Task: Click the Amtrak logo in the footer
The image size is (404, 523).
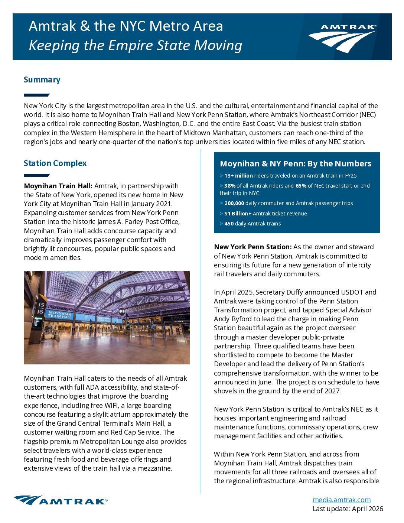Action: (61, 500)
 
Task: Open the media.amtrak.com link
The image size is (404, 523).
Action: (341, 500)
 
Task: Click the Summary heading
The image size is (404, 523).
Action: (42, 79)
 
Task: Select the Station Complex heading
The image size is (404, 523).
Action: (55, 163)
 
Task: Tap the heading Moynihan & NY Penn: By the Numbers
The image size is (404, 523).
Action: (296, 163)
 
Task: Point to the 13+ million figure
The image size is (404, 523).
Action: (238, 176)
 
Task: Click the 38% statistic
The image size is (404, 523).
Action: (230, 186)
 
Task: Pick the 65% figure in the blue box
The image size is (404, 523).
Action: (301, 186)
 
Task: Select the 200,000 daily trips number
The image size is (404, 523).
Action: (234, 203)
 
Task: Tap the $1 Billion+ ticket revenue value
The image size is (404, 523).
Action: (238, 214)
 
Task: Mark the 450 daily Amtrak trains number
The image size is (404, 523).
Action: (229, 224)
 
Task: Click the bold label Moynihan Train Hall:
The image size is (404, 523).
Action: (58, 186)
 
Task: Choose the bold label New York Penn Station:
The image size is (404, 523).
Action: (252, 247)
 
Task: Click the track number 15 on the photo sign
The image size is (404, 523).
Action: (40, 305)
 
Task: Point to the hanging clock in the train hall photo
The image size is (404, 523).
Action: (122, 311)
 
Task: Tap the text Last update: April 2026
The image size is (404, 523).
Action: (348, 509)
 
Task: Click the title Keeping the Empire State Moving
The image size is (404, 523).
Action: (135, 45)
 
